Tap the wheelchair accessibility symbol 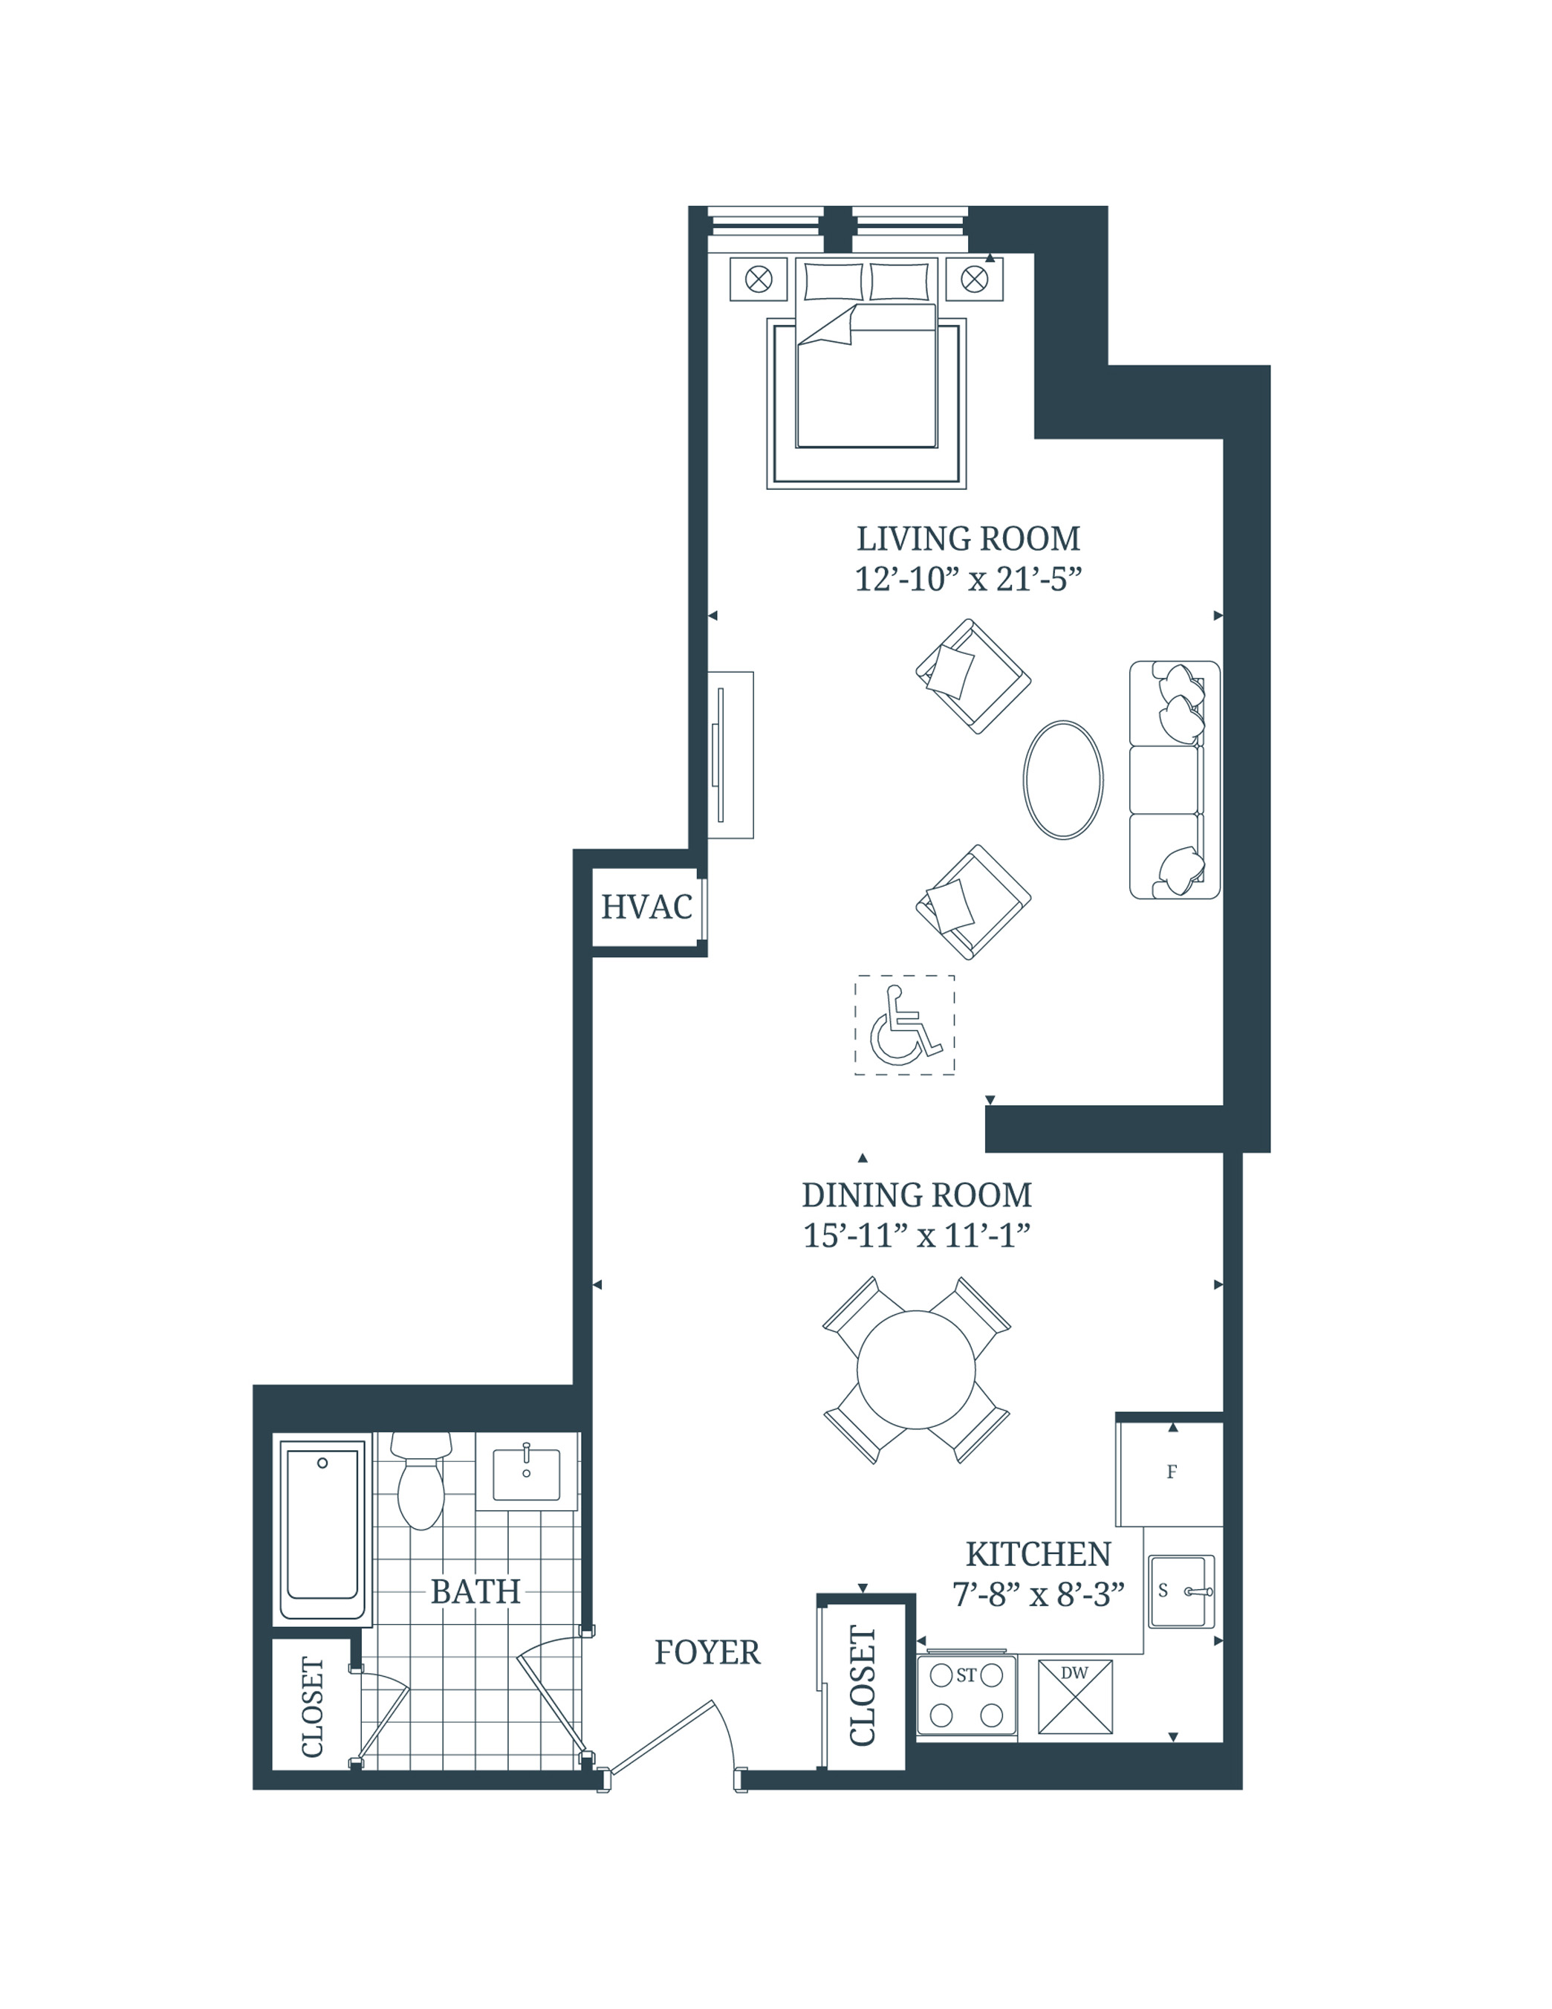(x=905, y=1025)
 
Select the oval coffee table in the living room (x=1063, y=779)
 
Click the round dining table (x=916, y=1370)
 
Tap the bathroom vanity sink (x=526, y=1475)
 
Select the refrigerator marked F (x=1170, y=1472)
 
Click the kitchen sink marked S (x=1181, y=1591)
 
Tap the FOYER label (x=707, y=1653)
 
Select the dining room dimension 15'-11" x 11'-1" (x=916, y=1235)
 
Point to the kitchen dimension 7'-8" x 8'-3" (x=1038, y=1594)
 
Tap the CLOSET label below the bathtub (x=313, y=1707)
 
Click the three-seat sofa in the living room (x=1173, y=779)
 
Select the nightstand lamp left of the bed (x=759, y=279)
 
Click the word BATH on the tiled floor (x=475, y=1591)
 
